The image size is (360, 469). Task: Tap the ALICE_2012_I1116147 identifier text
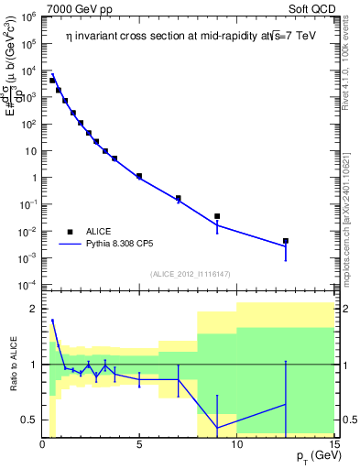click(x=188, y=274)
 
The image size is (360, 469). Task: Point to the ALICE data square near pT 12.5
click(x=286, y=241)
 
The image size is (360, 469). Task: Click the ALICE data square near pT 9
click(x=217, y=216)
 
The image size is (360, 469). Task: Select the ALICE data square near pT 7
click(x=179, y=198)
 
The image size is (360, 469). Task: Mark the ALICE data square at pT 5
click(x=139, y=176)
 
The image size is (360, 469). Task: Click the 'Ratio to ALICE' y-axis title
click(x=12, y=364)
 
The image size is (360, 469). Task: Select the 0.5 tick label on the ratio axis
click(x=28, y=420)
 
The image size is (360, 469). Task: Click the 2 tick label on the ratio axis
click(x=33, y=309)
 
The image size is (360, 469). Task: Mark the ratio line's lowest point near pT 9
click(x=217, y=428)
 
